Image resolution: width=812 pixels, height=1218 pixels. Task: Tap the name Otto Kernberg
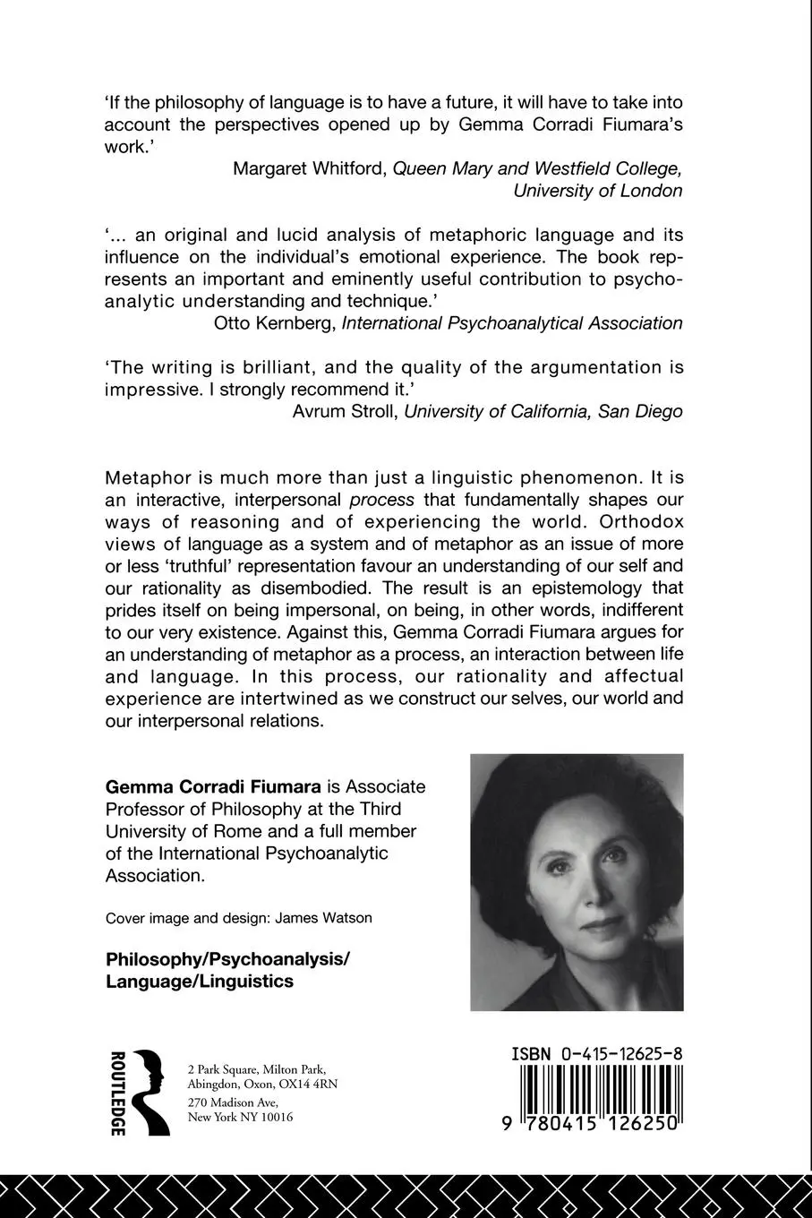point(275,323)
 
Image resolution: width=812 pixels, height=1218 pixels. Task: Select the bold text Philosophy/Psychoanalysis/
point(227,958)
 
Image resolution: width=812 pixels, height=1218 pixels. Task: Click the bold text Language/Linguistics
point(200,981)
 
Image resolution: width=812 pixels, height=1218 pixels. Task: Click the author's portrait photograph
point(577,882)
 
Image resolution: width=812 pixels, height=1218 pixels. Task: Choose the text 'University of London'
point(597,191)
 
